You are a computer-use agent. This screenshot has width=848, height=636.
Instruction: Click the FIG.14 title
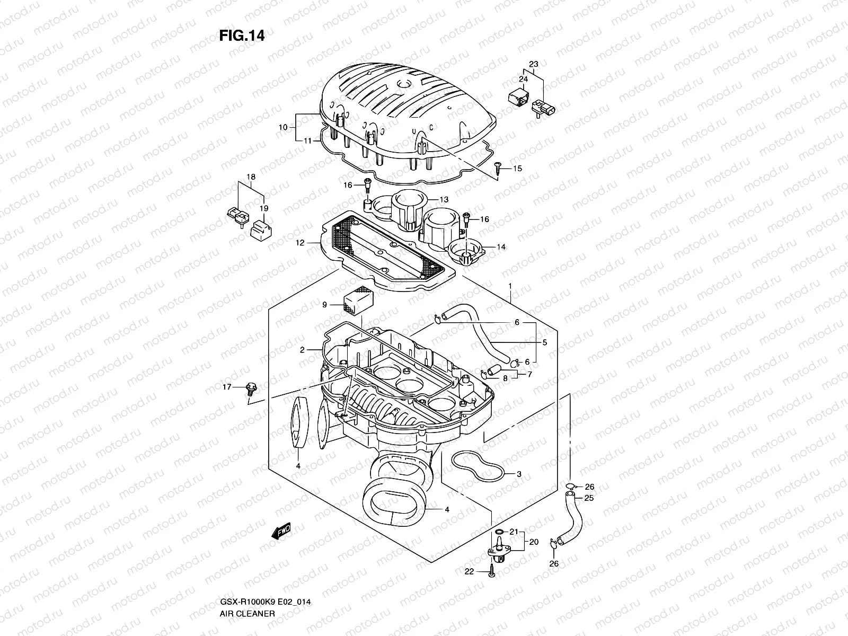pyautogui.click(x=242, y=36)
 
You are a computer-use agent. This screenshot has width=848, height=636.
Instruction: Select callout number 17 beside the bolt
pyautogui.click(x=227, y=387)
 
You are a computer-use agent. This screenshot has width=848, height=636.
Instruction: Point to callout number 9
pyautogui.click(x=325, y=305)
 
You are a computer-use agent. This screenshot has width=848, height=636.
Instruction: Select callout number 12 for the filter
pyautogui.click(x=301, y=243)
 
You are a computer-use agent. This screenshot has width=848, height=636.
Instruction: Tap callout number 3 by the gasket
pyautogui.click(x=519, y=474)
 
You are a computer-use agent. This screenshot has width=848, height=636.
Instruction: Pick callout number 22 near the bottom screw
pyautogui.click(x=469, y=571)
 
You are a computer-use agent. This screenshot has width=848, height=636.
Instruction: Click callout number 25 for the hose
pyautogui.click(x=589, y=498)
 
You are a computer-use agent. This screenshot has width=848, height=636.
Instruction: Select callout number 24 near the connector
pyautogui.click(x=523, y=79)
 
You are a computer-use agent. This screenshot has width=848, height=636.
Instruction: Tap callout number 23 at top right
pyautogui.click(x=533, y=64)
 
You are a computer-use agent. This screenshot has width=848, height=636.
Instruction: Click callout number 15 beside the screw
pyautogui.click(x=517, y=169)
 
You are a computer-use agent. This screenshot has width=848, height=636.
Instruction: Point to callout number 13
pyautogui.click(x=444, y=200)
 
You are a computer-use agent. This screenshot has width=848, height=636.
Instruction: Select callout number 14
pyautogui.click(x=501, y=247)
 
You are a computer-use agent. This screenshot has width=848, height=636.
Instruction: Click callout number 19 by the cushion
pyautogui.click(x=264, y=208)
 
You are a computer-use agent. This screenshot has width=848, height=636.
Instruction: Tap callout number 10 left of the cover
pyautogui.click(x=282, y=127)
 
